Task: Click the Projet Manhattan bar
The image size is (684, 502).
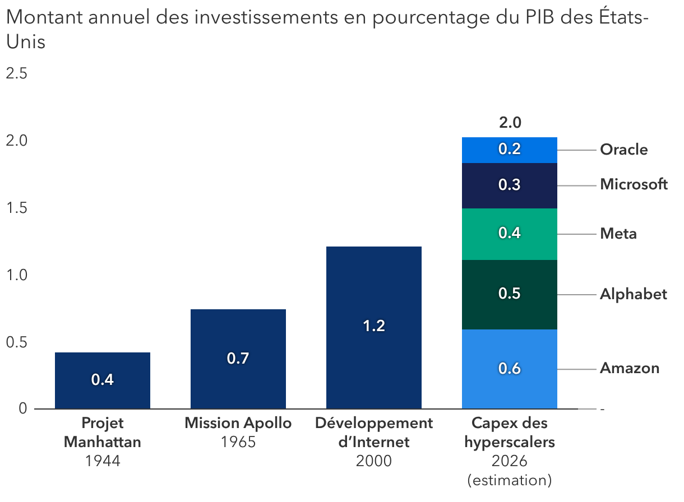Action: tap(103, 380)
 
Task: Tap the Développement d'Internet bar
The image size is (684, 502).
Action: tap(374, 327)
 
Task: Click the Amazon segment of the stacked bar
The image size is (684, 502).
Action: tap(510, 369)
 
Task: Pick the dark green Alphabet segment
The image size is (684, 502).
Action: tap(510, 294)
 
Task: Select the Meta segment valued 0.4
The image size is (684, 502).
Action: tap(510, 234)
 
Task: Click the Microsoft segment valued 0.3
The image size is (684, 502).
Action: tap(510, 185)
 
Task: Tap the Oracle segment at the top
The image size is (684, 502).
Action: tap(510, 150)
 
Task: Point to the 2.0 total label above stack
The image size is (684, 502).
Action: tap(510, 123)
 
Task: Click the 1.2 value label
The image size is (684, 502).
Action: tap(374, 326)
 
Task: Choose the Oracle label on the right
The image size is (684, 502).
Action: tap(623, 150)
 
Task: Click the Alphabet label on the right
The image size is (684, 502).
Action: tap(633, 295)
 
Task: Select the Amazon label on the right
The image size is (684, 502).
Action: tap(629, 369)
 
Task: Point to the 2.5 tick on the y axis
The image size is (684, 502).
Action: tap(17, 74)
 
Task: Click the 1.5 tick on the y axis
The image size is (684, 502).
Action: tap(17, 208)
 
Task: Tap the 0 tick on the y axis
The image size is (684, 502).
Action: tap(22, 409)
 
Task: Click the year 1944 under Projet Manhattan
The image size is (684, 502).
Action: tap(103, 461)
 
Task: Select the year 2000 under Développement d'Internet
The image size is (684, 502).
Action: tap(374, 461)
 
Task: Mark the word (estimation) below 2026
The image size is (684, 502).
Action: tap(510, 480)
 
